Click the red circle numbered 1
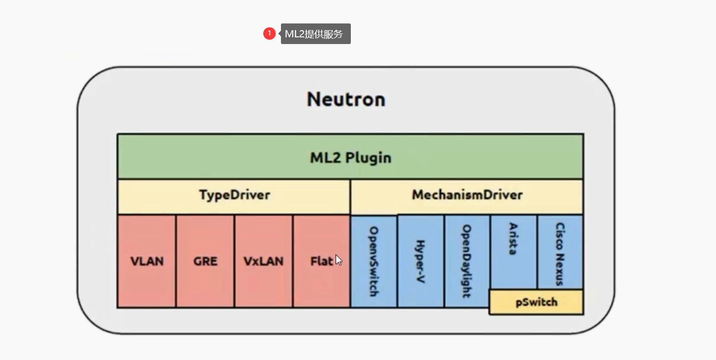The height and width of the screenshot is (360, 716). pos(269,34)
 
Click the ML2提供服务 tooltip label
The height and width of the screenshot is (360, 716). pos(315,34)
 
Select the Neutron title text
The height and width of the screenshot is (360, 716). pos(346,99)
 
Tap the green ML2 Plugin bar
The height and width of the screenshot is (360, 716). pos(350,157)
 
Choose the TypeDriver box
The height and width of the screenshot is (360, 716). pos(234,195)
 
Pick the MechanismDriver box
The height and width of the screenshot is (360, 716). pos(467,195)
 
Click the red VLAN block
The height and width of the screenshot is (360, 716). pos(146,261)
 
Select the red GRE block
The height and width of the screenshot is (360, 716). pos(205,261)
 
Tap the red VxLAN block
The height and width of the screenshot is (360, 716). pos(263,261)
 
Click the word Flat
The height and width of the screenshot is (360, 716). pos(322,261)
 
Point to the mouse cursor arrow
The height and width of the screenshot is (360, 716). pos(338,260)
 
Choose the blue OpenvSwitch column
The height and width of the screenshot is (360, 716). pos(374,261)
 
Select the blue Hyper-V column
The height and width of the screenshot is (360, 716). pos(420,261)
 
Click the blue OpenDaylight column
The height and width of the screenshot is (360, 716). pos(467,261)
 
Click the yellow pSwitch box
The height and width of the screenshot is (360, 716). pos(536,302)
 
